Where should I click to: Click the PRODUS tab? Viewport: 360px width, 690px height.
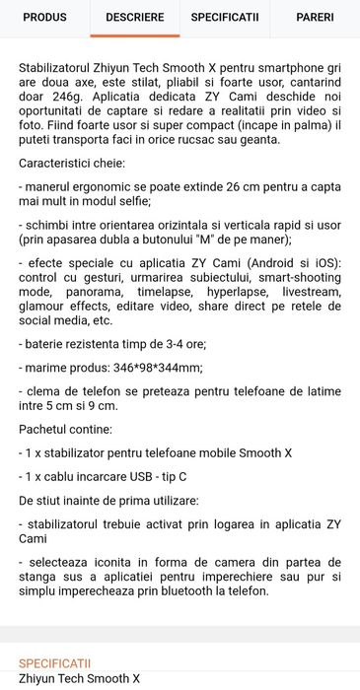44,18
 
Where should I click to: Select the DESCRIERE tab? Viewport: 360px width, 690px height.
135,18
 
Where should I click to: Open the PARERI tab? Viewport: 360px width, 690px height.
315,18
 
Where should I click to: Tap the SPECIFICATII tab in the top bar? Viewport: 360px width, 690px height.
225,18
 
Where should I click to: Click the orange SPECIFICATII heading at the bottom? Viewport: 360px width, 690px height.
54,663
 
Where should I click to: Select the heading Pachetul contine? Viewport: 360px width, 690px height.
64,430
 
